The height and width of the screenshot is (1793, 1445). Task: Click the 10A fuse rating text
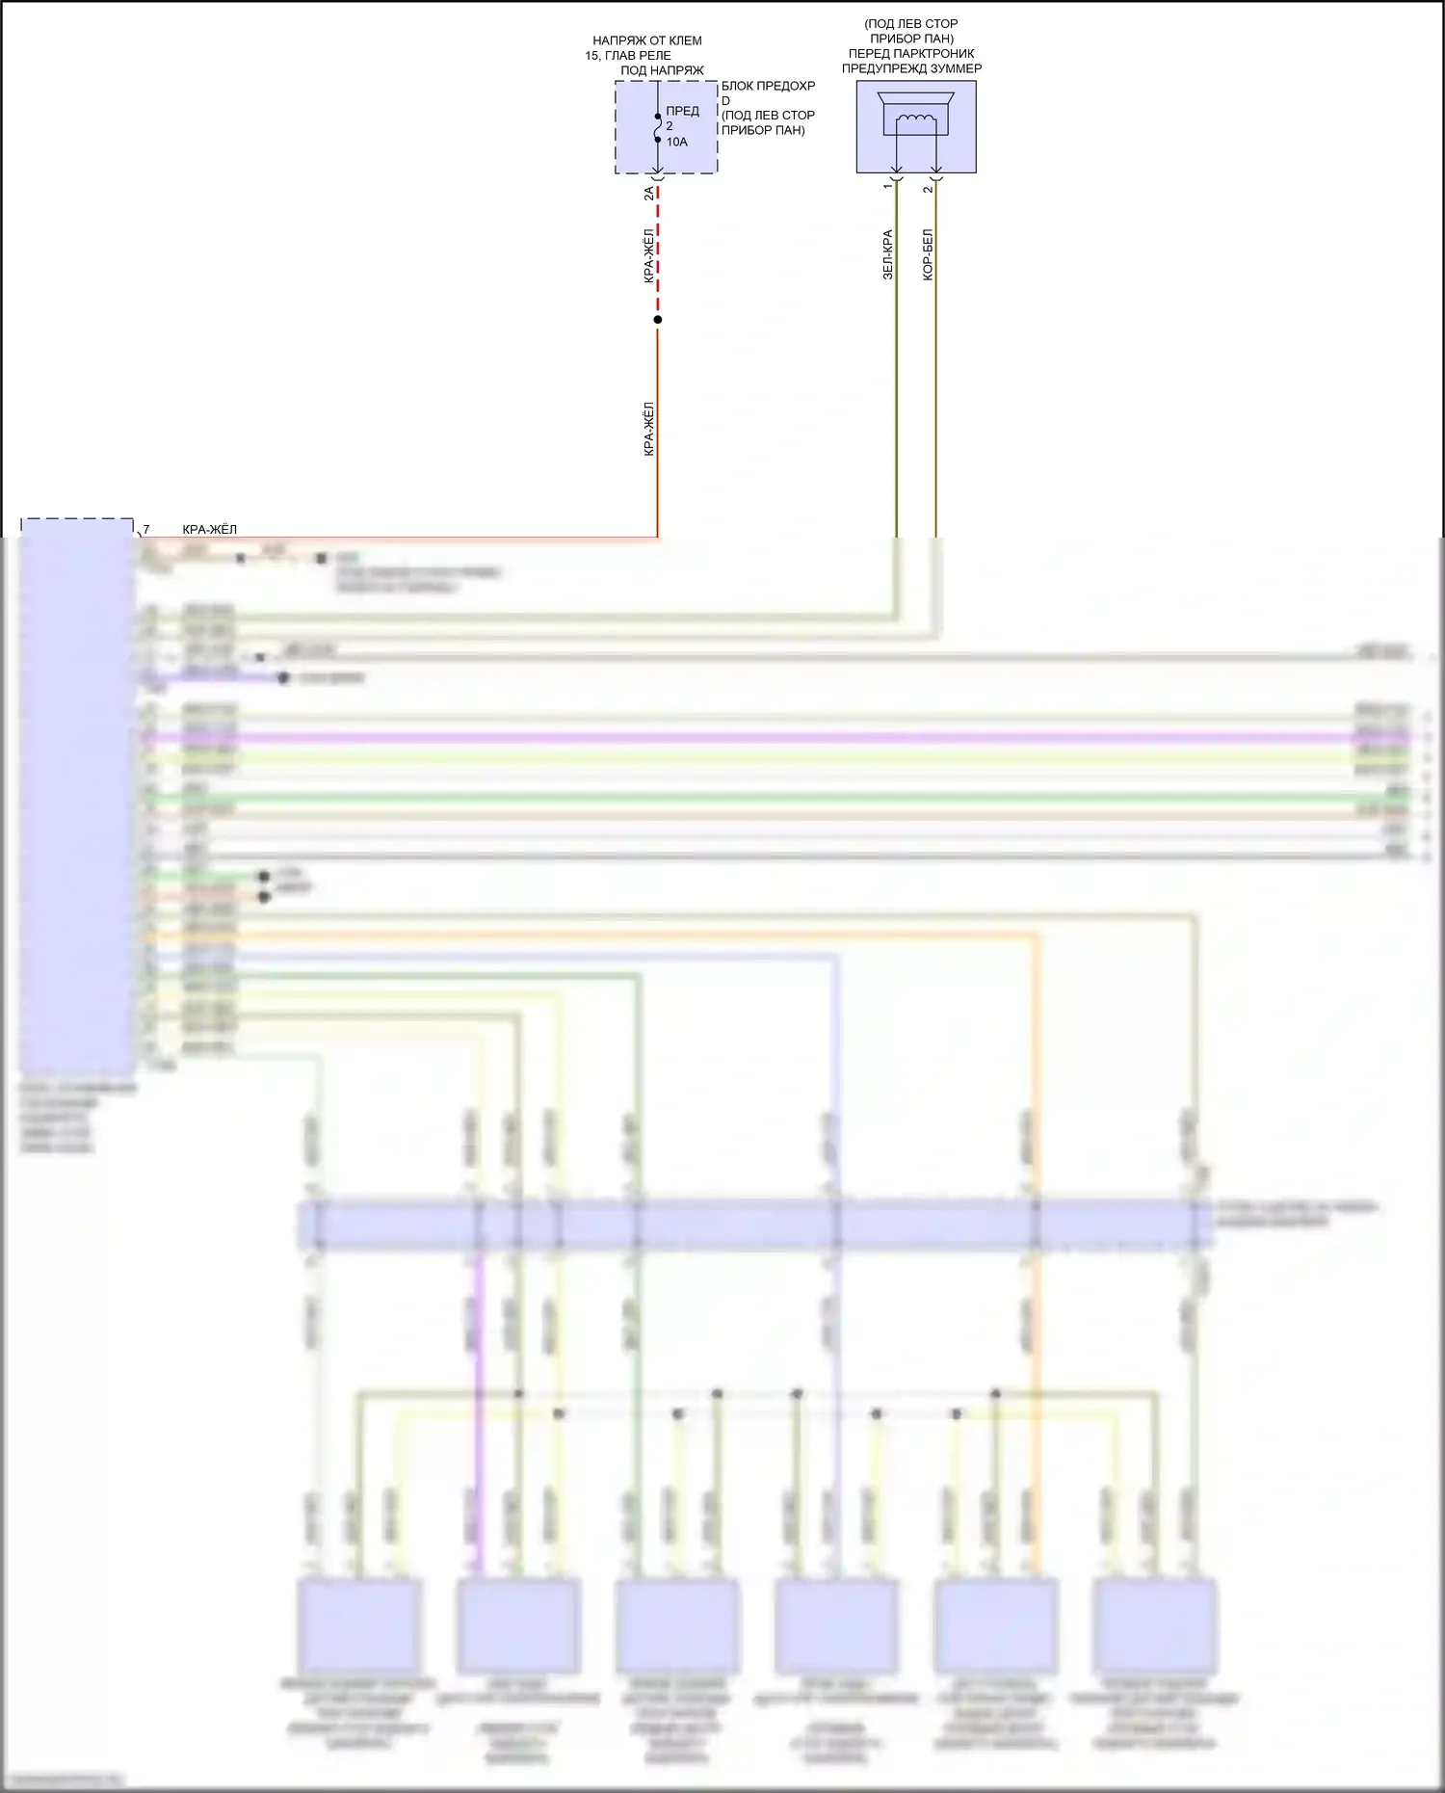point(676,143)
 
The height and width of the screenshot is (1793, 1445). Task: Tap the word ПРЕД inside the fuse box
point(682,111)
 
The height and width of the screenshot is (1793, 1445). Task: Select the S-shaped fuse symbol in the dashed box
point(658,127)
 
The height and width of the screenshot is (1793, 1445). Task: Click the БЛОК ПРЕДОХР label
point(768,86)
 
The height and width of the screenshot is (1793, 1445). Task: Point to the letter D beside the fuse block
point(725,100)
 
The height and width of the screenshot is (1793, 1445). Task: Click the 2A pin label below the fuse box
point(649,193)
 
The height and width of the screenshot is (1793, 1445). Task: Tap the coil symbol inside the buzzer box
point(916,119)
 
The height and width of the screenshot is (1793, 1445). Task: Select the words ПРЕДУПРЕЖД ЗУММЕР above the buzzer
point(911,68)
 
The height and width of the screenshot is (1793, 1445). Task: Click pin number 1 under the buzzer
point(888,186)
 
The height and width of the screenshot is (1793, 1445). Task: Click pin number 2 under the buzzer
point(928,188)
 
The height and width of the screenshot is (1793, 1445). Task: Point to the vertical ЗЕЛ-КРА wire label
point(887,254)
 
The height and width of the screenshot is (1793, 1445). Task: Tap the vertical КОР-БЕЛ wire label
point(928,254)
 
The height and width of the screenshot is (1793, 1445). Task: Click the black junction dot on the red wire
point(658,320)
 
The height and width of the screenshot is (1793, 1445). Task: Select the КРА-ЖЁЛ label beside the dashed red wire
point(649,255)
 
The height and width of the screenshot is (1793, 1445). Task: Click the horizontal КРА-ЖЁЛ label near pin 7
point(209,529)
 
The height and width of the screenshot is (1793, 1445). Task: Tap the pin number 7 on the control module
point(146,529)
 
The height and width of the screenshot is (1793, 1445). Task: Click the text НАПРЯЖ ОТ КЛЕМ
point(646,40)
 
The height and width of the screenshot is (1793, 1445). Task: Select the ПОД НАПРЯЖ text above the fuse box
point(662,70)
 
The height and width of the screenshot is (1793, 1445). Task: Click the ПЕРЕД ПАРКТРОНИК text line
point(911,54)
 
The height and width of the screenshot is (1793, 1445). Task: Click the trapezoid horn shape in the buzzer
point(916,98)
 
